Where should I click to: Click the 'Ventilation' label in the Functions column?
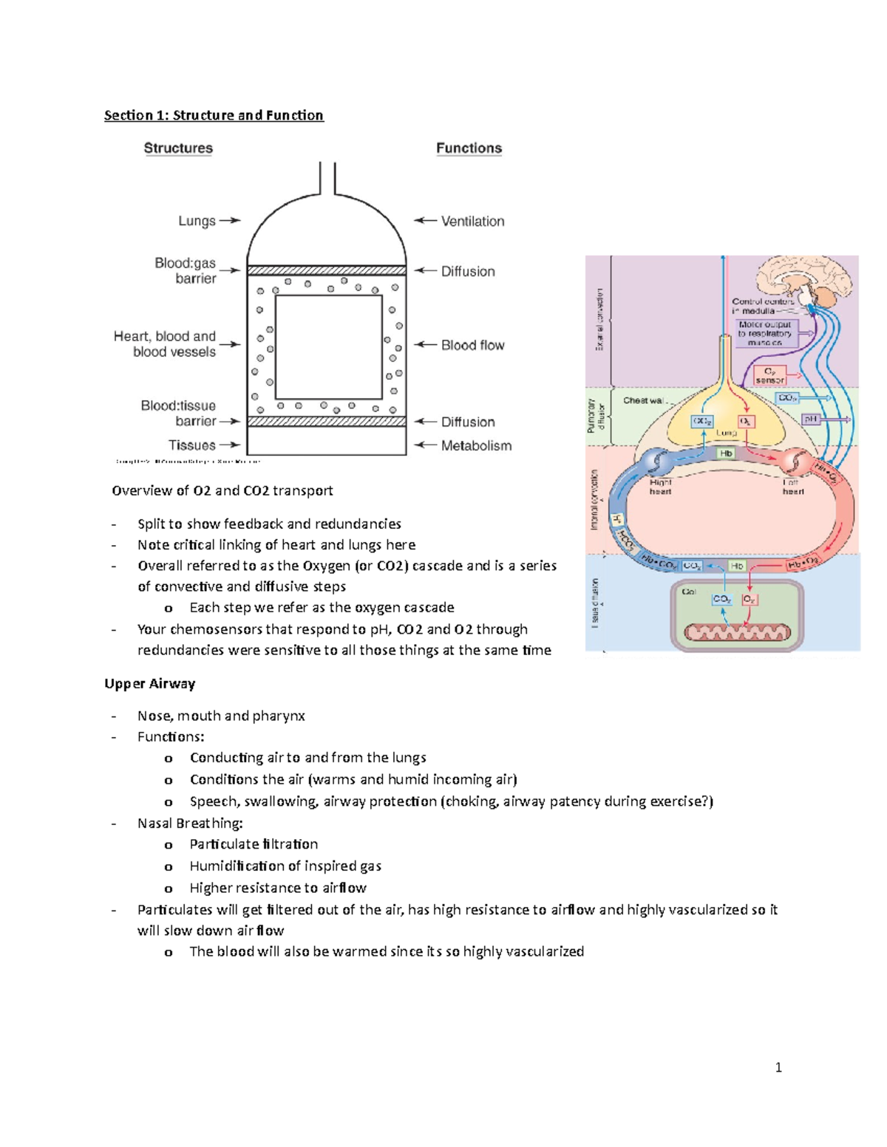[472, 221]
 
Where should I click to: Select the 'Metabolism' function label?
[476, 445]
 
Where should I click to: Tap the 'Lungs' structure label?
[197, 221]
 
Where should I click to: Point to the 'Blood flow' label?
[472, 345]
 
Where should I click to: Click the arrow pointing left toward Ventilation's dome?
[424, 220]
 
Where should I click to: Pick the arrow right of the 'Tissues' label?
[230, 445]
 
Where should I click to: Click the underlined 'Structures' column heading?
[178, 148]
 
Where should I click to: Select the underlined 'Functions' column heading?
[469, 148]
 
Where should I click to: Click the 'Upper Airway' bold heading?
[149, 683]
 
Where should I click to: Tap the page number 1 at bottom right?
[778, 1066]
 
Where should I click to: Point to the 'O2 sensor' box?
[769, 375]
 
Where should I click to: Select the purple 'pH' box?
[811, 419]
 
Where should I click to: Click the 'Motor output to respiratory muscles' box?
[764, 333]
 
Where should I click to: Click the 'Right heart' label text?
[660, 487]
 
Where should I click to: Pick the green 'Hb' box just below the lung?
[726, 453]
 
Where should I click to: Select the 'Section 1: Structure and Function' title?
[214, 115]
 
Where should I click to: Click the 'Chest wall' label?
[645, 400]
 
